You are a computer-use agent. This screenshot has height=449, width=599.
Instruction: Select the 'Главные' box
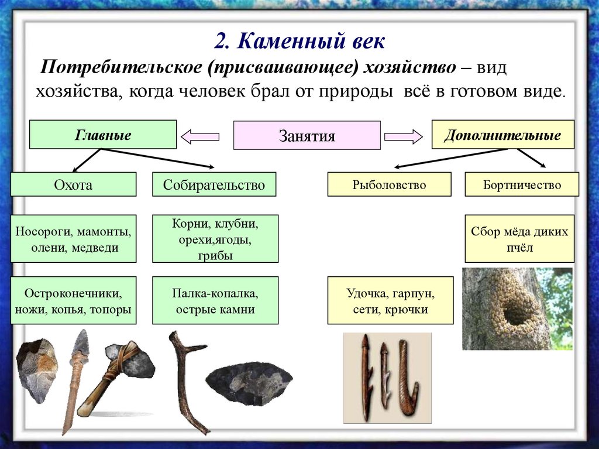tap(102, 135)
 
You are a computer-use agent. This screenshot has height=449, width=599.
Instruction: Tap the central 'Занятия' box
tap(307, 136)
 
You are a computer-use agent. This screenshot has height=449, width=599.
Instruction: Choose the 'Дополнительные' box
tap(502, 135)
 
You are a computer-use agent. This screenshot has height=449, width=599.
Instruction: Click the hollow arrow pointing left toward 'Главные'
tap(200, 137)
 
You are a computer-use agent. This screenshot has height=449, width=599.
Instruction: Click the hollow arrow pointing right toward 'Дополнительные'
tap(404, 137)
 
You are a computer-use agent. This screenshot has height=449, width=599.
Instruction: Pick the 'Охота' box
tap(74, 184)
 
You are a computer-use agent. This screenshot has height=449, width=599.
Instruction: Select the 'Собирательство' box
tap(214, 184)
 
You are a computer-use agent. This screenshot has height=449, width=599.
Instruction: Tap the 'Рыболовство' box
tap(389, 184)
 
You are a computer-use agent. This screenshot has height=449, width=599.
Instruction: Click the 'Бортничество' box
tap(522, 184)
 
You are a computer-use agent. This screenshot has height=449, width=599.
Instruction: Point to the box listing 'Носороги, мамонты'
tap(74, 238)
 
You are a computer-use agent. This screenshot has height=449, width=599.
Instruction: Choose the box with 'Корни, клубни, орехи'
tap(215, 238)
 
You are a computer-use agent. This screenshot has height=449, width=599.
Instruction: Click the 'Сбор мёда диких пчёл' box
tap(519, 238)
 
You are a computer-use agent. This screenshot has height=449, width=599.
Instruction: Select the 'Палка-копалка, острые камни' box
tap(215, 300)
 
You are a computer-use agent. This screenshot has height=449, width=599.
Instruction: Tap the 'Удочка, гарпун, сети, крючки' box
tap(390, 300)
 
